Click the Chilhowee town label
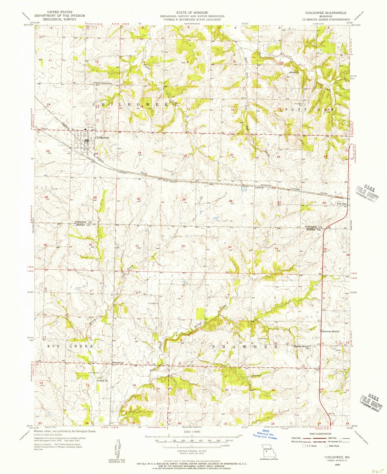[x=102, y=138]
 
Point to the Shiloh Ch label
[x=294, y=72]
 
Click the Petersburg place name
[x=117, y=363]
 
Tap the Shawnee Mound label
[x=331, y=332]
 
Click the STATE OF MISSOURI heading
[x=192, y=13]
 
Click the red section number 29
[x=184, y=200]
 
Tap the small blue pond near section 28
[x=243, y=189]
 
